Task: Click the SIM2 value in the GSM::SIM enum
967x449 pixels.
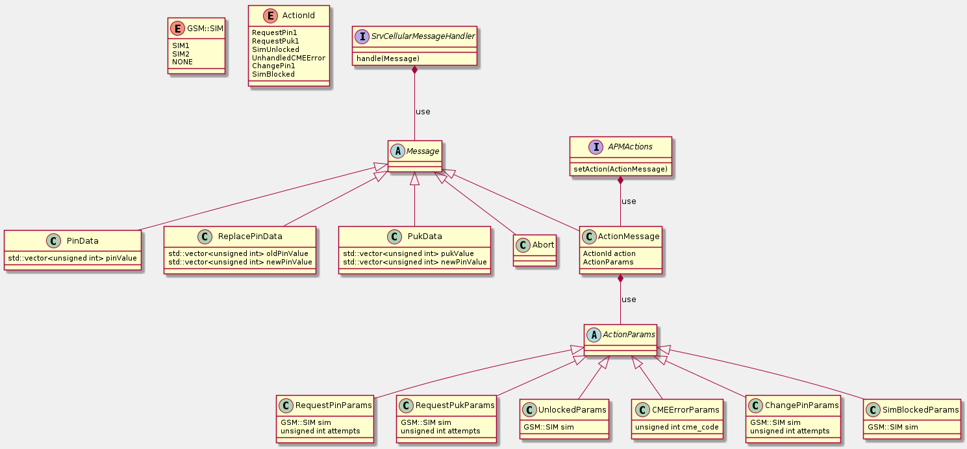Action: pos(181,53)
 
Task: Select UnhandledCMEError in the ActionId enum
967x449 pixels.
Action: pos(288,58)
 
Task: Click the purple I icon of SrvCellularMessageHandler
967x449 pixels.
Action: pos(362,36)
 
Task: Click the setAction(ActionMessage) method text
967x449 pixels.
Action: pos(620,169)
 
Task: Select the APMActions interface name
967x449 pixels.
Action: pos(629,147)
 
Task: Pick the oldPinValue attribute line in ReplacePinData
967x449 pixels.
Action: pos(240,253)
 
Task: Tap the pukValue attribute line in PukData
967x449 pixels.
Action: pos(408,253)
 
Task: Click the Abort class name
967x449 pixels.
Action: pos(543,245)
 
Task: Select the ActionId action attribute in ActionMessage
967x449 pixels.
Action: pos(609,253)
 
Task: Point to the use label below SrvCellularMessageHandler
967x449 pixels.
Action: pos(423,111)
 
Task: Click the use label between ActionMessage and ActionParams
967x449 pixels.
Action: pos(629,300)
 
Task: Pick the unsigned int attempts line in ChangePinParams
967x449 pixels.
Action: pos(790,431)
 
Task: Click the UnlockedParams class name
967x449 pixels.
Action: pos(572,410)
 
